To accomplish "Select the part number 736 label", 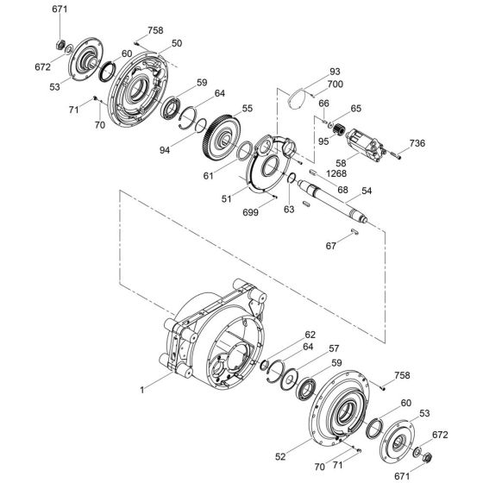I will pyautogui.click(x=417, y=142).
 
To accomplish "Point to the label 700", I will pyautogui.click(x=334, y=85).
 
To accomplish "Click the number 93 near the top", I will pyautogui.click(x=334, y=72).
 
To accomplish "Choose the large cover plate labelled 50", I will pyautogui.click(x=142, y=86).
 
